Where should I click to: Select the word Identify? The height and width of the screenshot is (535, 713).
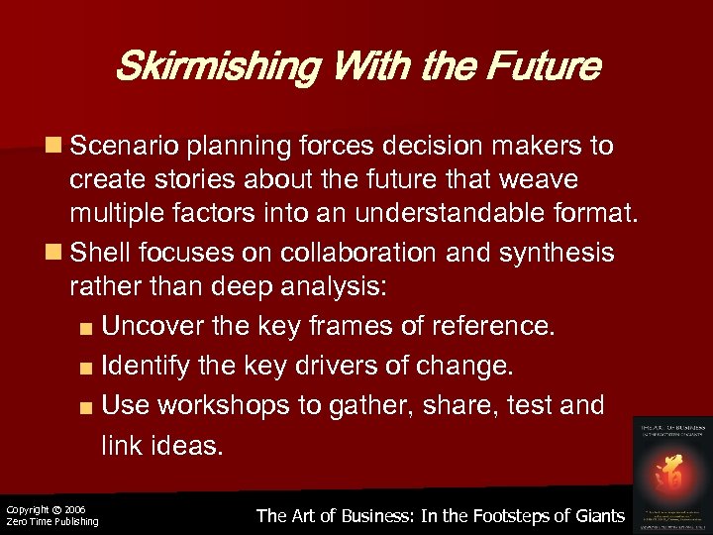(x=145, y=367)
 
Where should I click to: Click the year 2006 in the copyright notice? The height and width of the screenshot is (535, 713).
(x=75, y=509)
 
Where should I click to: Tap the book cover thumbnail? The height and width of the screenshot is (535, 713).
(x=672, y=472)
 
